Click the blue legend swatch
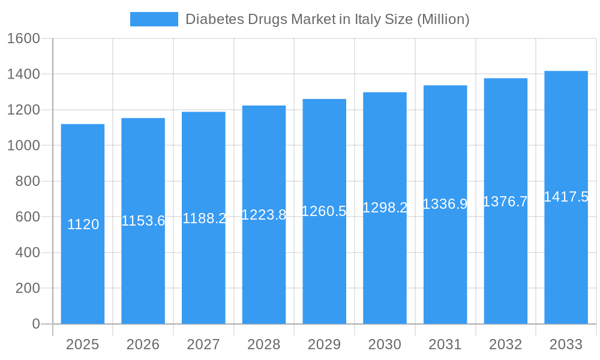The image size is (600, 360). [154, 19]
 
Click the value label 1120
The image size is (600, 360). [83, 224]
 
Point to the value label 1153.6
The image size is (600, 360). [143, 221]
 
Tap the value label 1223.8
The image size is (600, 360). [264, 215]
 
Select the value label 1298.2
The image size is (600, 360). [385, 208]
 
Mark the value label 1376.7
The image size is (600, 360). [505, 202]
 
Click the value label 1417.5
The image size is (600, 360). [566, 197]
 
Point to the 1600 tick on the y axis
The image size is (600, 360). [23, 39]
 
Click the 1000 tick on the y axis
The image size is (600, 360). [23, 146]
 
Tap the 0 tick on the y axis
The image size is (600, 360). [35, 324]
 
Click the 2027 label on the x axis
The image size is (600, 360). [203, 344]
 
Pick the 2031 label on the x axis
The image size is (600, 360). [445, 344]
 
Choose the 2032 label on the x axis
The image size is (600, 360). [505, 344]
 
